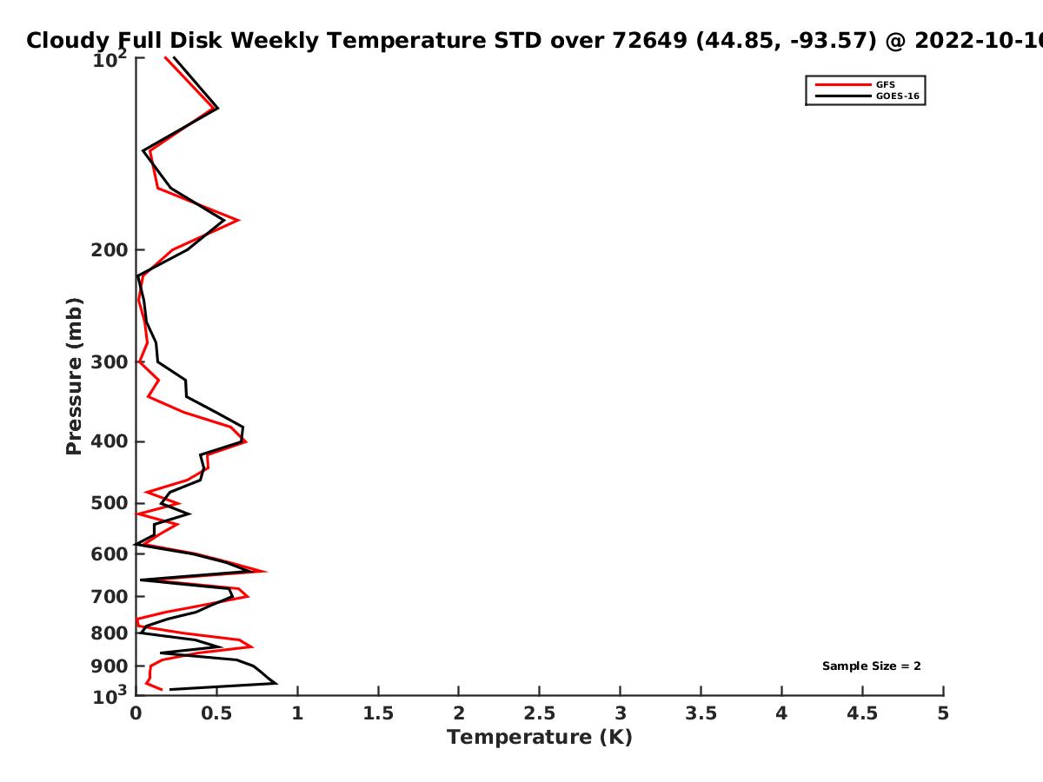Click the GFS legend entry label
(885, 85)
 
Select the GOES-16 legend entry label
(898, 96)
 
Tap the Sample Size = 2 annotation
(872, 666)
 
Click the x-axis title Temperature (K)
(540, 738)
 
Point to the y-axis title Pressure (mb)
(74, 376)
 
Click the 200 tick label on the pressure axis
(110, 250)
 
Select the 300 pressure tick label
(110, 362)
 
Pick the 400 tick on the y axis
(110, 442)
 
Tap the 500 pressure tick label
(110, 503)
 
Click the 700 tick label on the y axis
(110, 597)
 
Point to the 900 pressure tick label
(110, 666)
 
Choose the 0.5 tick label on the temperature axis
(216, 713)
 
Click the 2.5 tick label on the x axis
(540, 713)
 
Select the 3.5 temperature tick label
(701, 713)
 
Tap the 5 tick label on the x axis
(943, 713)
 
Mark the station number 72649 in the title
(649, 41)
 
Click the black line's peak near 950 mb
(276, 684)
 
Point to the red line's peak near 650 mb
(266, 572)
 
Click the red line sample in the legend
(843, 85)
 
